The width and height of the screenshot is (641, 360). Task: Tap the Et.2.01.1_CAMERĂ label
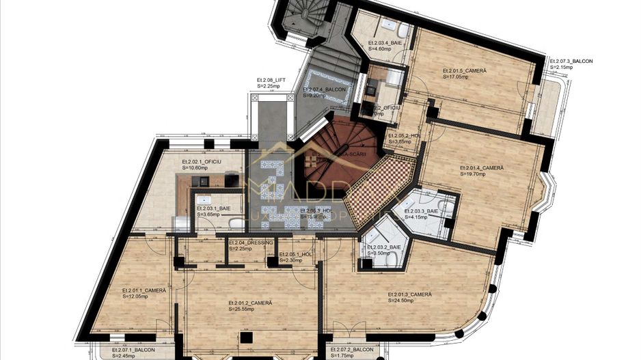[x=144, y=290]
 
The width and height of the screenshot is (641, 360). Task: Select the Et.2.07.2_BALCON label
[x=352, y=350]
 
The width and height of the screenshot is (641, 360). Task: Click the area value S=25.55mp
[x=241, y=309]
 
